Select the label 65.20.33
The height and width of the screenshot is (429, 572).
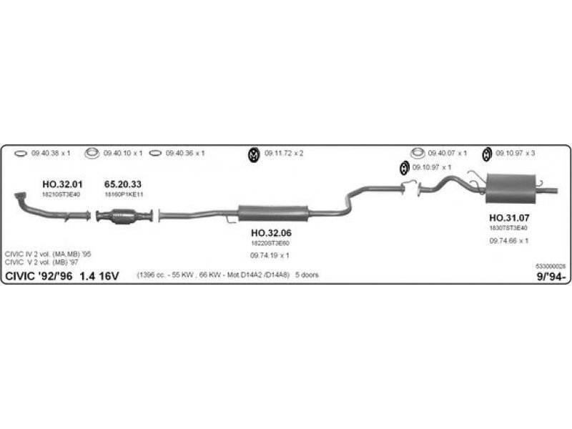click(x=123, y=184)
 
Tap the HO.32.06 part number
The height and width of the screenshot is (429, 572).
click(x=271, y=233)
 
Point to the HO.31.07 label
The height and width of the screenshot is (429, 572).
click(x=508, y=218)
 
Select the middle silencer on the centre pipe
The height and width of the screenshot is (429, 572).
click(x=272, y=212)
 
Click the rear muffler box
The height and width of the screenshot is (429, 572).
click(x=511, y=187)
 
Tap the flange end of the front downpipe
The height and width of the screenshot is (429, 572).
click(x=21, y=195)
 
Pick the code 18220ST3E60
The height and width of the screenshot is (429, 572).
click(x=270, y=243)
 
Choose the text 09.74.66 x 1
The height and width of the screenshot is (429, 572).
click(x=508, y=240)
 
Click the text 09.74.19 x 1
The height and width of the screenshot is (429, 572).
click(x=270, y=255)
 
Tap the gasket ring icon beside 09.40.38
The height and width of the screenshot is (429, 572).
click(x=21, y=153)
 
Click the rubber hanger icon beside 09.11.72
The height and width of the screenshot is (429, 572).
click(x=253, y=154)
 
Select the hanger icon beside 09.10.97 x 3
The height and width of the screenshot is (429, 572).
click(x=487, y=154)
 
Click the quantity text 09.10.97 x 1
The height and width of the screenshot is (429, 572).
click(x=433, y=167)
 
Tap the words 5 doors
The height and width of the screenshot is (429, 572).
click(x=307, y=275)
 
